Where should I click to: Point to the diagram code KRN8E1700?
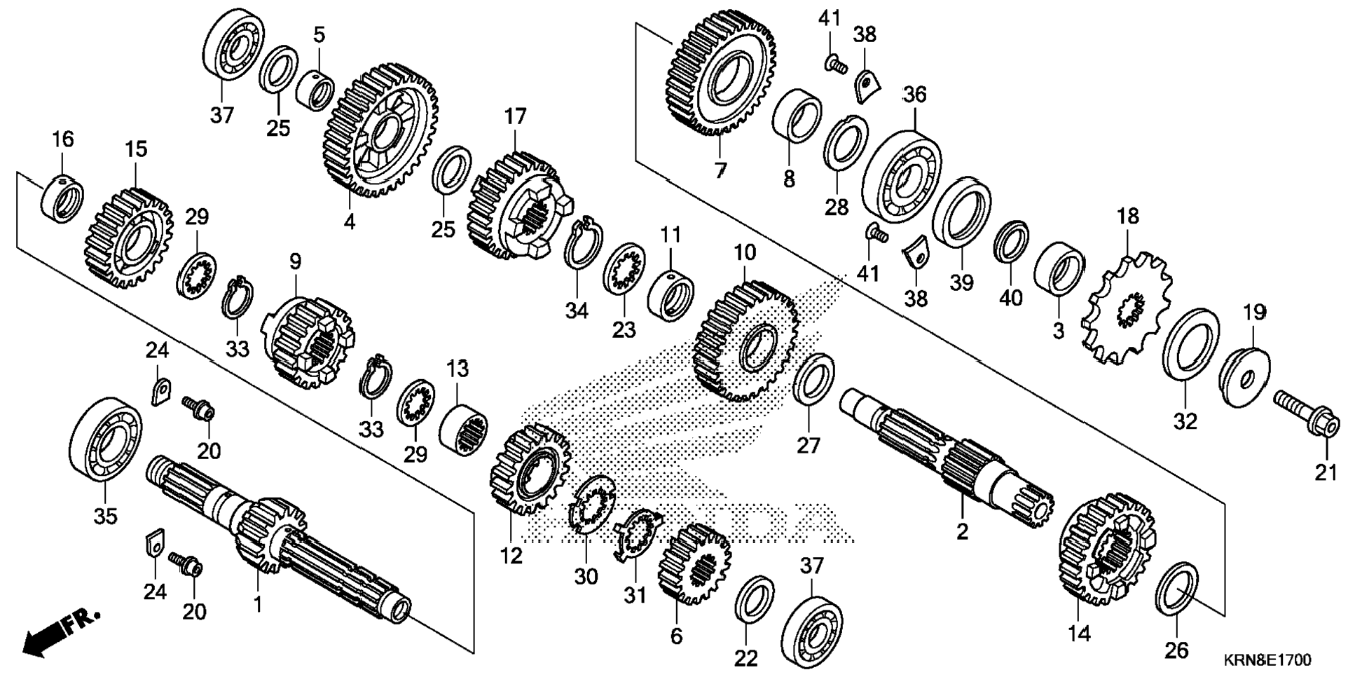pyautogui.click(x=1267, y=660)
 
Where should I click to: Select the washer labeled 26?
pyautogui.click(x=1176, y=589)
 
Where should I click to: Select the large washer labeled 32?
pyautogui.click(x=1190, y=347)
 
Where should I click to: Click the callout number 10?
pyautogui.click(x=745, y=252)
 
